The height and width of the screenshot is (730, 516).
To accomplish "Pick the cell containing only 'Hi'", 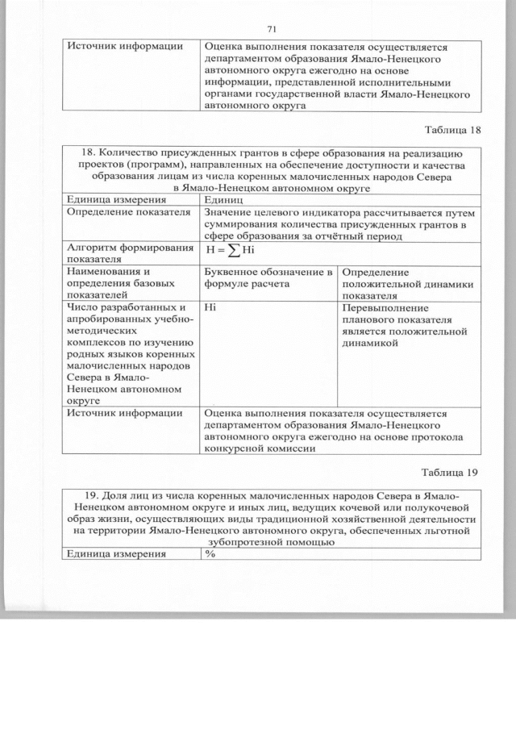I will (211, 307).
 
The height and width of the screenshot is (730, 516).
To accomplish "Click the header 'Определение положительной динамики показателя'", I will (407, 284).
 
